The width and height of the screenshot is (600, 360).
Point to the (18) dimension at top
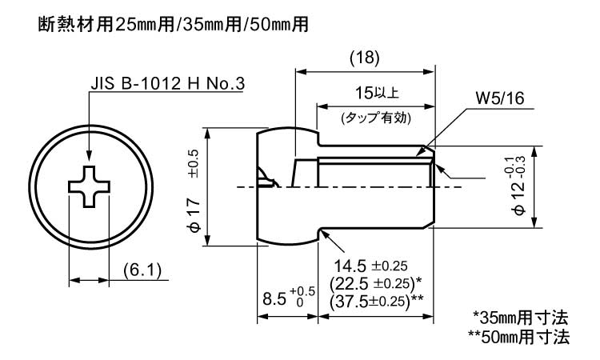[x=364, y=58]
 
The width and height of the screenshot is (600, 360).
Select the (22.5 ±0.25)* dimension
[x=375, y=283]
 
